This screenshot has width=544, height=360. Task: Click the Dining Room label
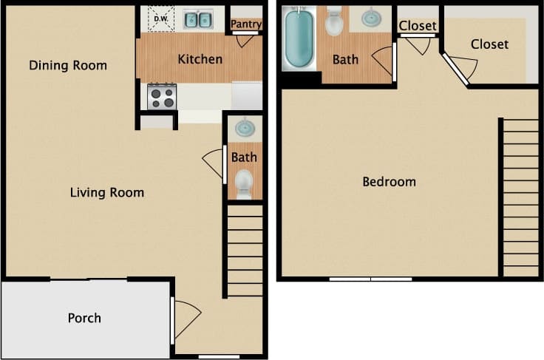[68, 65]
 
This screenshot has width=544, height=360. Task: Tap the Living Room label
[107, 193]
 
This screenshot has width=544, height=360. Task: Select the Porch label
[84, 318]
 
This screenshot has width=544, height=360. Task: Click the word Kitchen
[200, 58]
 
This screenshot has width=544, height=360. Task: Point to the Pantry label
[246, 24]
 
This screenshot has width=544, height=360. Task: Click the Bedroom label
[389, 181]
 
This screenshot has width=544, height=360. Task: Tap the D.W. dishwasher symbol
[160, 19]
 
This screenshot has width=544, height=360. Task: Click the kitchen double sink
[197, 19]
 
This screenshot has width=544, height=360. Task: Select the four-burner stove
[162, 97]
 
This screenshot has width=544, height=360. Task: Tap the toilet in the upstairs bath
[335, 22]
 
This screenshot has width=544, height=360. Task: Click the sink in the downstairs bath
[244, 129]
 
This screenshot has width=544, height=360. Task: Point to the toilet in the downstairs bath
[244, 181]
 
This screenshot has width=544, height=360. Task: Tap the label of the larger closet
[489, 44]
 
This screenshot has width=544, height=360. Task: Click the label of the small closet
[418, 26]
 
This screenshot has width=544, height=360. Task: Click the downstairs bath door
[215, 163]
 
